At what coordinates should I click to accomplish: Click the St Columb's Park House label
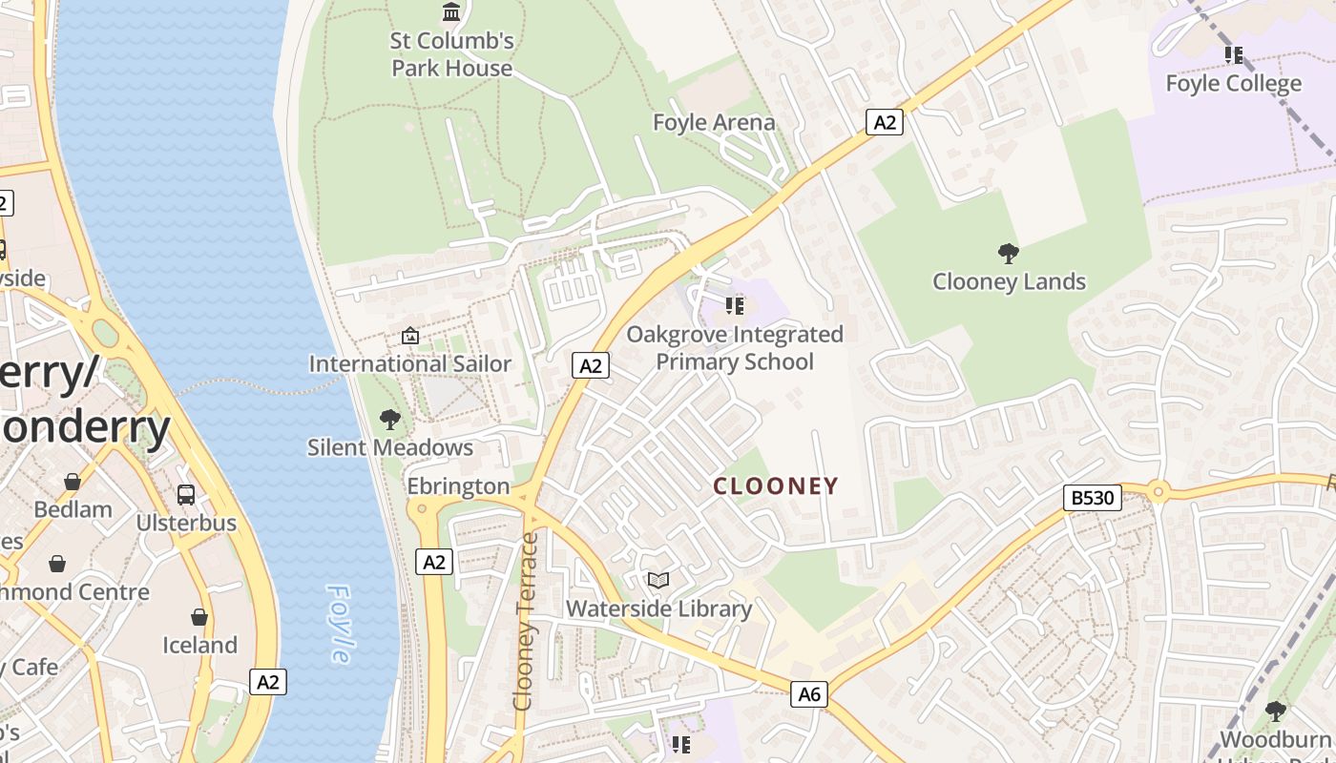click(452, 54)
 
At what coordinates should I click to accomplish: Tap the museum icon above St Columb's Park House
click(451, 12)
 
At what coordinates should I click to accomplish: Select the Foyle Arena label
click(714, 122)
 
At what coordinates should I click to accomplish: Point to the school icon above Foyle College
click(1234, 55)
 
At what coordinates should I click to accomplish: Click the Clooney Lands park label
click(1009, 281)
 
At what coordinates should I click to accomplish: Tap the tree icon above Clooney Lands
click(1009, 253)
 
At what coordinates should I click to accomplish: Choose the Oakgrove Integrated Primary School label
click(735, 348)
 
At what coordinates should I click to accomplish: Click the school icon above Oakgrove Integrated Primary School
click(734, 305)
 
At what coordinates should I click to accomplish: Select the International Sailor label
click(410, 363)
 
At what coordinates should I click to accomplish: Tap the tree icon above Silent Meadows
click(389, 419)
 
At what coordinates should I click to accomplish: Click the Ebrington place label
click(459, 486)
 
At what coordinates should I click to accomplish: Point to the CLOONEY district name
click(776, 486)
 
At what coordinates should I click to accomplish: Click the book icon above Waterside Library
click(658, 580)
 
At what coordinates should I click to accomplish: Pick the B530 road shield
click(1093, 497)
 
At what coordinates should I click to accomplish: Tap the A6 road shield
click(809, 694)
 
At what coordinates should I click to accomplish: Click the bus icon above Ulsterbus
click(186, 495)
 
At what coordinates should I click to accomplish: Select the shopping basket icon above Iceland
click(199, 617)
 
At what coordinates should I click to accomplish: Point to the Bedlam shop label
click(73, 509)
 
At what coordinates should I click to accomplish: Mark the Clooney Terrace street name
click(526, 622)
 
